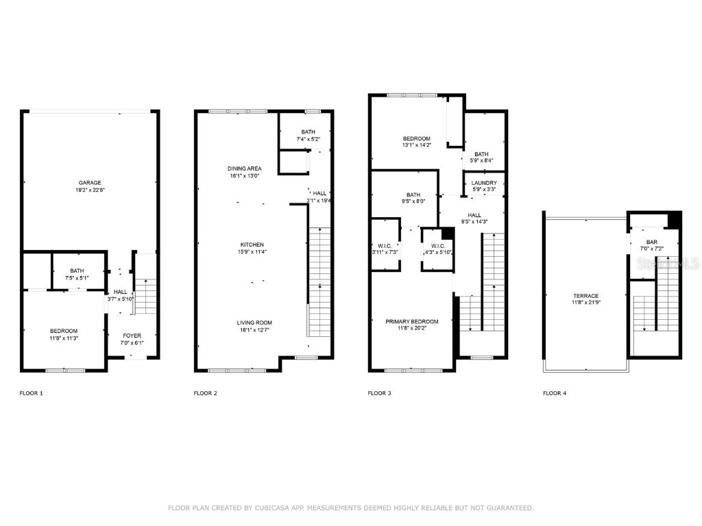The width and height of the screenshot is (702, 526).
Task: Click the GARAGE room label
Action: click(90, 183)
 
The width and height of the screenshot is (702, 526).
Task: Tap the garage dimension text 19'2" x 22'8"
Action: click(90, 190)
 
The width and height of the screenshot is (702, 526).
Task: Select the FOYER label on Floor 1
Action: click(132, 336)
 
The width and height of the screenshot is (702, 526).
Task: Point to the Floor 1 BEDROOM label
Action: click(63, 331)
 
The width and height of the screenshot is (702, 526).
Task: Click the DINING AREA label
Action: click(245, 168)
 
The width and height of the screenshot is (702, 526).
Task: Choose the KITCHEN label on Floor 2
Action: click(252, 245)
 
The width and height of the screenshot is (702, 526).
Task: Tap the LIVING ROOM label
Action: click(255, 323)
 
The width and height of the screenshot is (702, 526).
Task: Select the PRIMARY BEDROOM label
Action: click(411, 322)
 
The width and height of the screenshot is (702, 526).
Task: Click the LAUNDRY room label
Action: click(484, 183)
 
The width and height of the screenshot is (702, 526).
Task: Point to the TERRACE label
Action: click(586, 296)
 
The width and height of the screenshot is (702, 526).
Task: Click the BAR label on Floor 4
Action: click(652, 242)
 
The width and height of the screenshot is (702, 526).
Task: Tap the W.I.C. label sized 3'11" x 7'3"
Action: click(384, 246)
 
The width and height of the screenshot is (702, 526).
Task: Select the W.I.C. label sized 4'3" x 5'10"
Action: click(437, 246)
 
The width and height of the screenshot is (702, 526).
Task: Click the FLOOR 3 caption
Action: click(380, 393)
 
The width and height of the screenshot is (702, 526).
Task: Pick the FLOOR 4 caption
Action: click(555, 393)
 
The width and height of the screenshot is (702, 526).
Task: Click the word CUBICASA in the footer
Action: click(263, 508)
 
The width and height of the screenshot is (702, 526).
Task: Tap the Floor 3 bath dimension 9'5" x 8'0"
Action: click(413, 202)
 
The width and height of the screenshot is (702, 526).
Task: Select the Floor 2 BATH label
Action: click(308, 132)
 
